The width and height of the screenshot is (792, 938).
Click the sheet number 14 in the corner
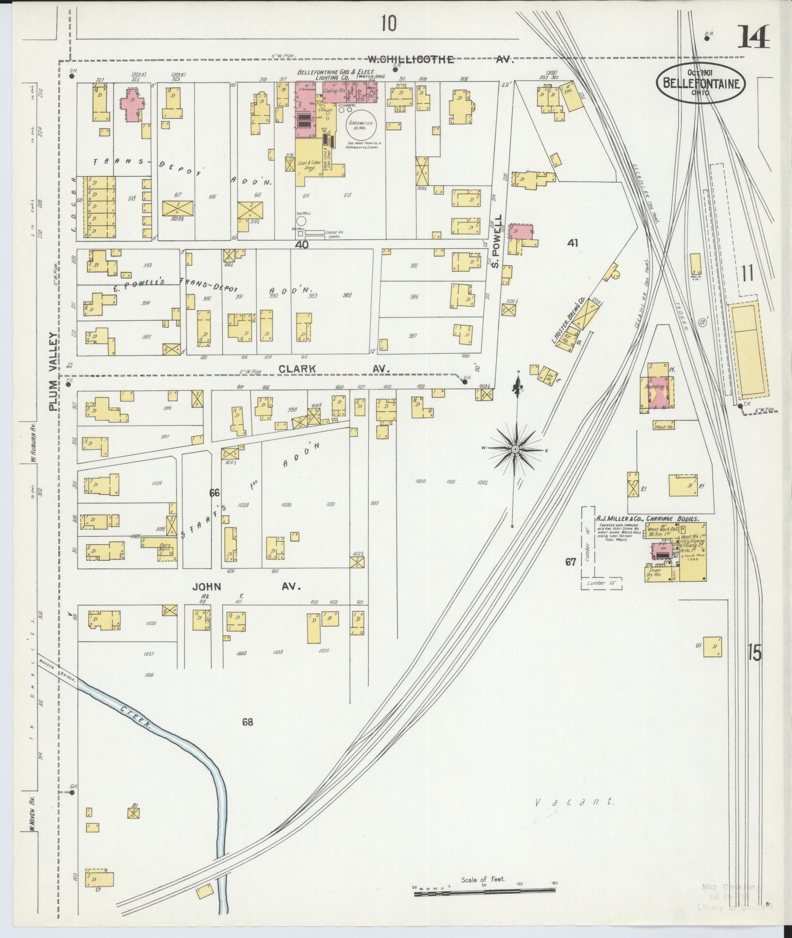click(754, 37)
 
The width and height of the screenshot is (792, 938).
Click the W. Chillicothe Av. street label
click(440, 59)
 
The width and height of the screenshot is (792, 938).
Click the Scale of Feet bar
click(484, 890)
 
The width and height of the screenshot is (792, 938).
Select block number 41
click(572, 242)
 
